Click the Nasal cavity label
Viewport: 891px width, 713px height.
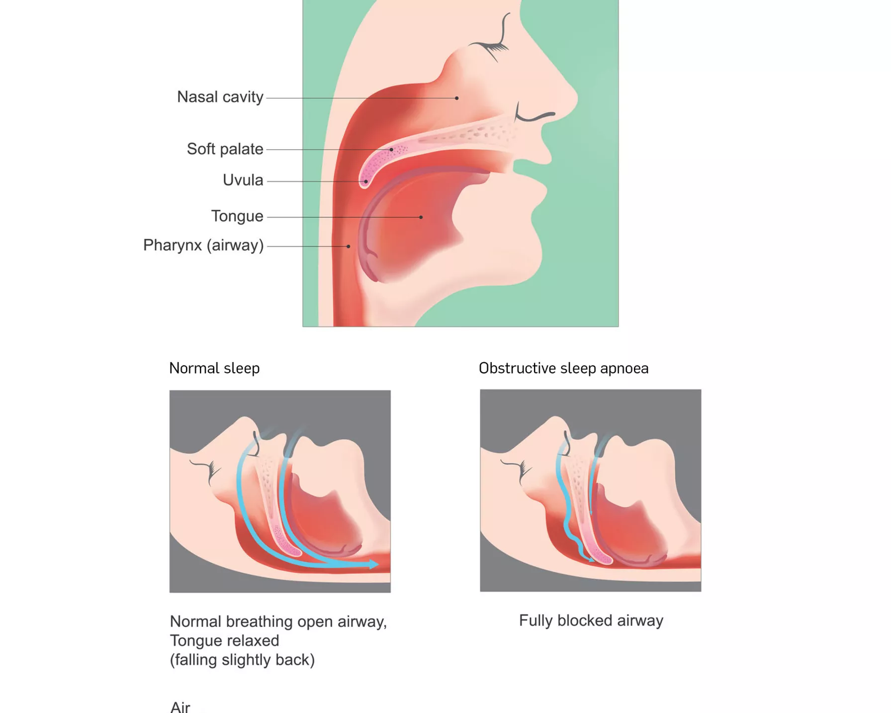click(220, 97)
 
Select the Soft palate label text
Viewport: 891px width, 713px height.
click(225, 149)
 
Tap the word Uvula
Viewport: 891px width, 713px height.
click(243, 180)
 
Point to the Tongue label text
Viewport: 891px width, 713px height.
click(237, 216)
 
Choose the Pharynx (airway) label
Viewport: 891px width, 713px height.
click(203, 245)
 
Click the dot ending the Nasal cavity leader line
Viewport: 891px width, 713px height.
click(457, 98)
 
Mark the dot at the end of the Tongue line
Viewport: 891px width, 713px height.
click(421, 217)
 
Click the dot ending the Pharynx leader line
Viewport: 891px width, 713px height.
click(349, 246)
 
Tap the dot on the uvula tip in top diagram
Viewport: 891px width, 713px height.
click(366, 181)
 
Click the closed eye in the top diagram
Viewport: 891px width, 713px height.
click(492, 46)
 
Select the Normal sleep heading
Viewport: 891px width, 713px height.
click(214, 368)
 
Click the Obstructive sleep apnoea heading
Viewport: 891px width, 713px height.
click(563, 368)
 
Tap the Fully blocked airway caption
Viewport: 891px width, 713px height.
click(591, 621)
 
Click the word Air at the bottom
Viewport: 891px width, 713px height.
click(180, 707)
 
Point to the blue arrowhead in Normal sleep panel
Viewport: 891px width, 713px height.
click(373, 564)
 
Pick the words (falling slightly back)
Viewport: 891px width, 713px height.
click(242, 660)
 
